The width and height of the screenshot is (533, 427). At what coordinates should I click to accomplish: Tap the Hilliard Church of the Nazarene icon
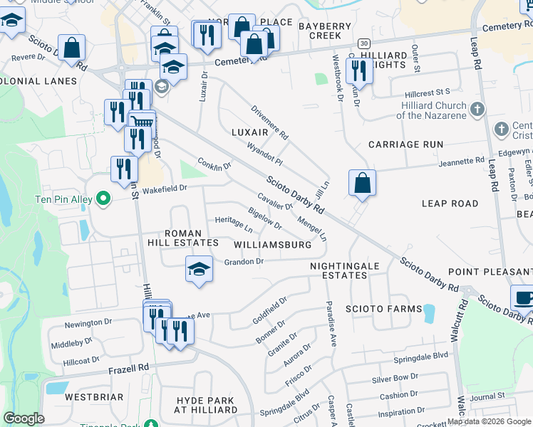478,110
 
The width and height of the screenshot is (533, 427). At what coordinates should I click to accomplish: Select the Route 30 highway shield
363,43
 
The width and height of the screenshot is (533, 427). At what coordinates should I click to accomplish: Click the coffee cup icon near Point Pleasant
524,297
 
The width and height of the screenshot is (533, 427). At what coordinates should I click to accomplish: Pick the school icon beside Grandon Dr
200,269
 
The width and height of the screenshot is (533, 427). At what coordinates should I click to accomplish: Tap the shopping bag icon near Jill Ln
363,183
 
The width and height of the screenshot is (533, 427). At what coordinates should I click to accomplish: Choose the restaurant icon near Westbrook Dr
358,70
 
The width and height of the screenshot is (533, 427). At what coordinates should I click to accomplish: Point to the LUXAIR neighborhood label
250,132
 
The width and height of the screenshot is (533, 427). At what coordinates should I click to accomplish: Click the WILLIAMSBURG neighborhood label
273,245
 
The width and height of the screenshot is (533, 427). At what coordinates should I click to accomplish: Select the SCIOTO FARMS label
375,309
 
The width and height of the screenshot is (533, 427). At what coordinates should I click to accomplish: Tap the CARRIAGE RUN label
405,144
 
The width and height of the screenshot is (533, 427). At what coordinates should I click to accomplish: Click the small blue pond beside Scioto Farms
428,312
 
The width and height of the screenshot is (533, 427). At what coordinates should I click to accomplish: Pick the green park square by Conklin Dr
189,170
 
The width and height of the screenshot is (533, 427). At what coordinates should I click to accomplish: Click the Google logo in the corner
24,418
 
